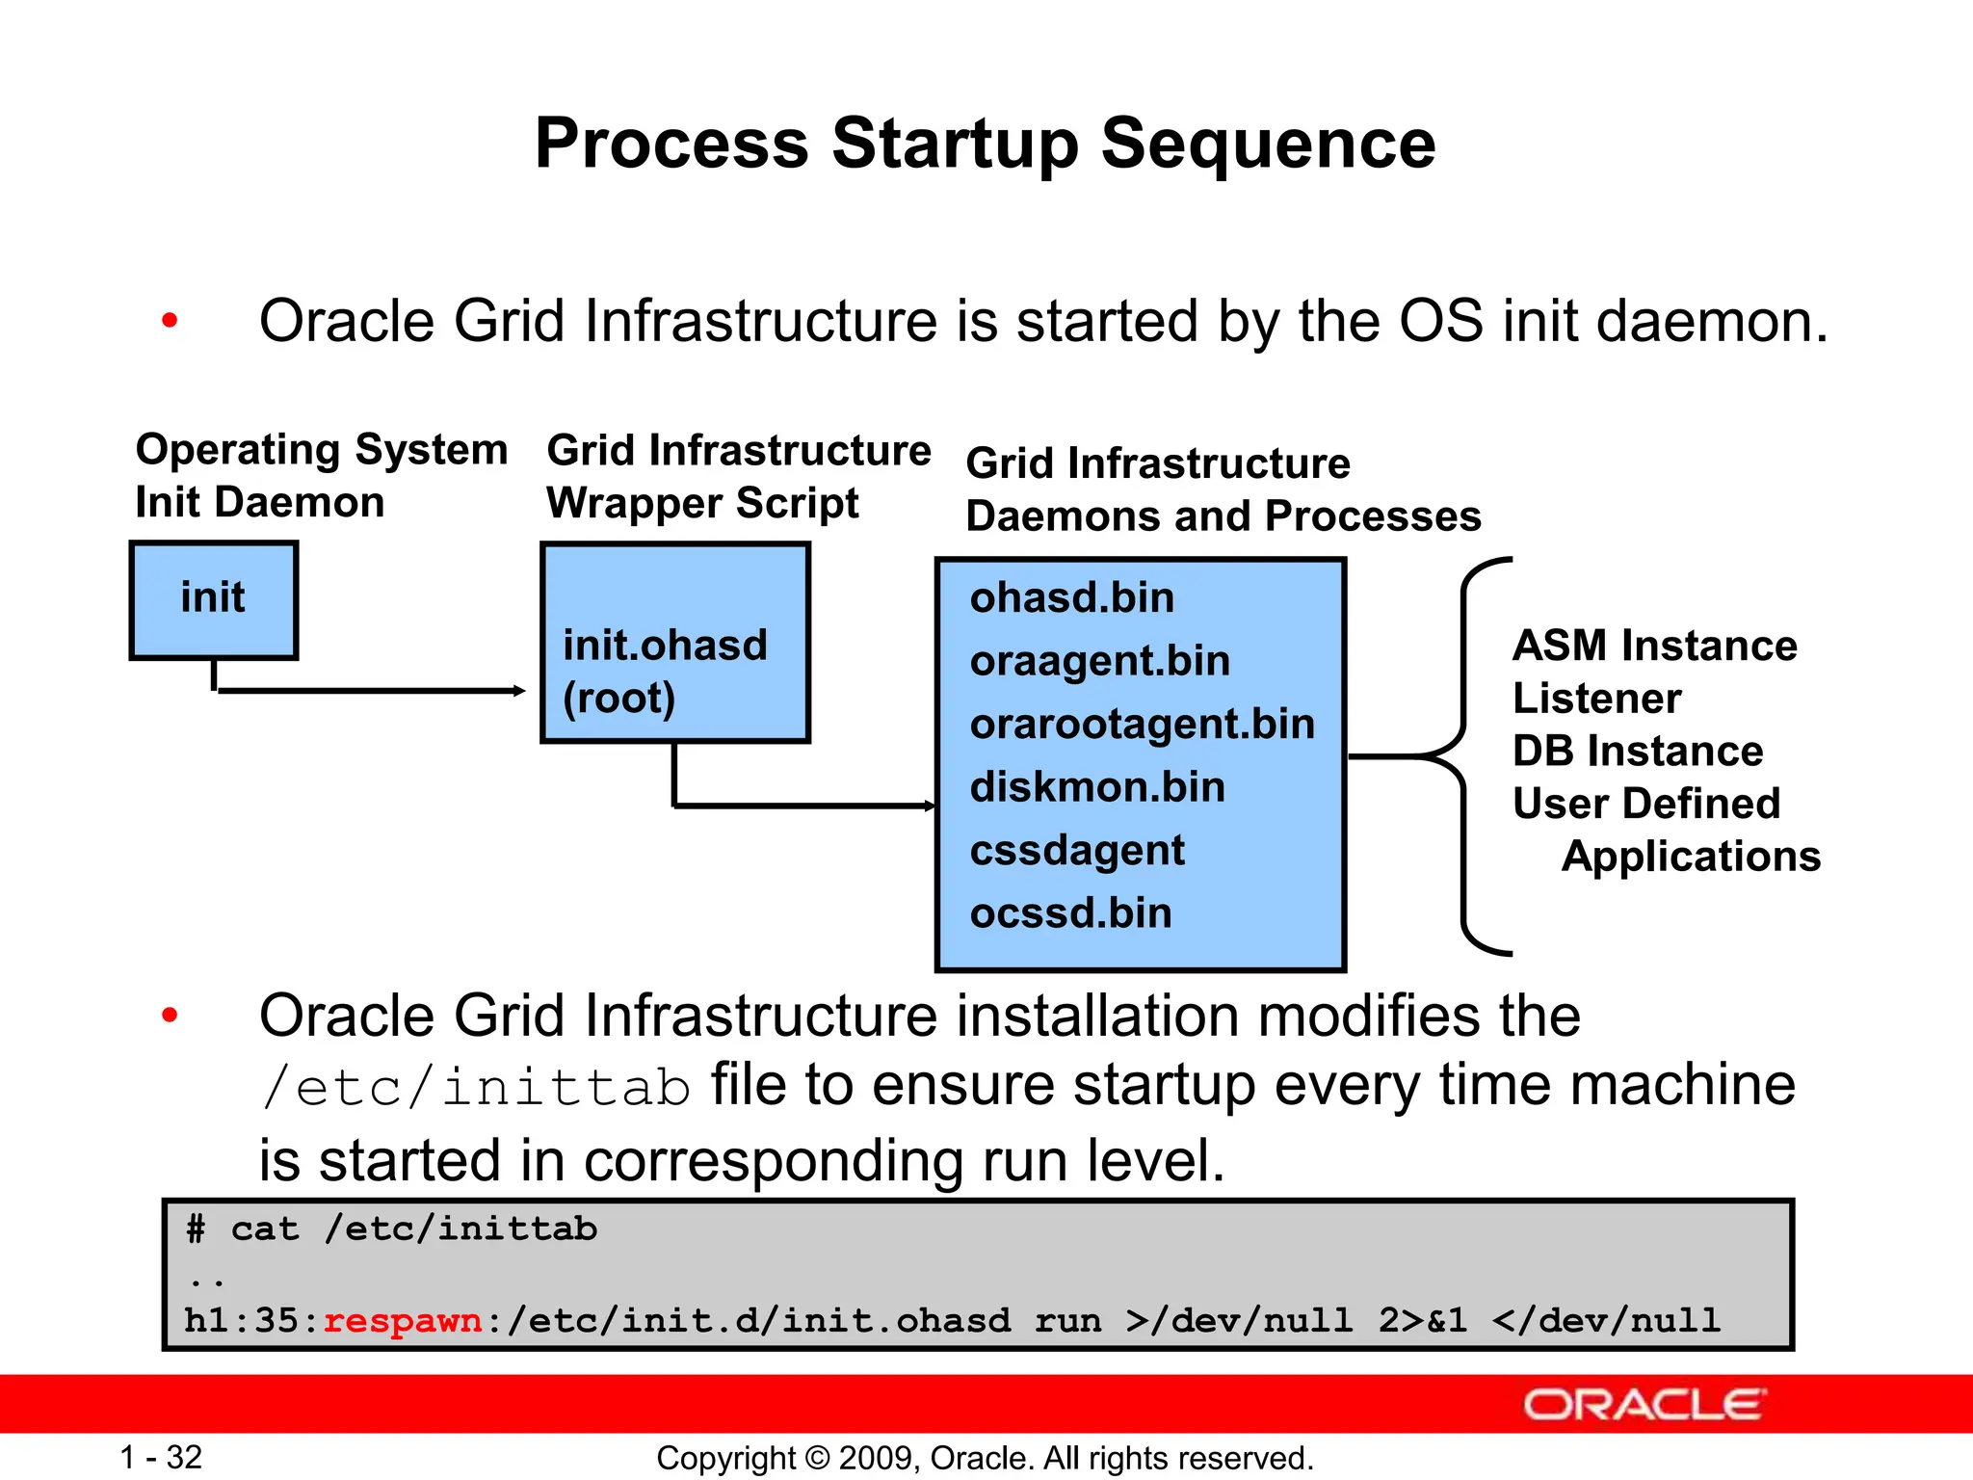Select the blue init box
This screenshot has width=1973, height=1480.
tap(214, 599)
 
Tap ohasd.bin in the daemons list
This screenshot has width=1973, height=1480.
tap(1072, 598)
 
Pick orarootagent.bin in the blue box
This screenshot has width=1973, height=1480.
tap(1142, 724)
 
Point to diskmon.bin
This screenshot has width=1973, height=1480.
tap(1097, 787)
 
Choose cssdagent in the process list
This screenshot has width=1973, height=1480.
tap(1077, 850)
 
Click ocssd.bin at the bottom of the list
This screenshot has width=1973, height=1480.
tap(1071, 912)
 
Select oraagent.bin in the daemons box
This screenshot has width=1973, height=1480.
tap(1100, 661)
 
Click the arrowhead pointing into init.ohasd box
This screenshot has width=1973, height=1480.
tap(519, 690)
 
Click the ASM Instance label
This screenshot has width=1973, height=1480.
tap(1654, 645)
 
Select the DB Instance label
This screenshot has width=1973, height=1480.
tap(1637, 751)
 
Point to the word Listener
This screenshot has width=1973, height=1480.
tap(1596, 698)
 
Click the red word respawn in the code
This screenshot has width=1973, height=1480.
tap(403, 1320)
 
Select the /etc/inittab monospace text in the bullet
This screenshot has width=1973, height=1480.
tap(476, 1088)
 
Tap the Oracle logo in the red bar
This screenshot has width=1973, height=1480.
tap(1644, 1405)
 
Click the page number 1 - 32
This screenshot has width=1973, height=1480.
tap(161, 1457)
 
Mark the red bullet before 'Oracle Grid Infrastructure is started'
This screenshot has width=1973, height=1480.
tap(171, 321)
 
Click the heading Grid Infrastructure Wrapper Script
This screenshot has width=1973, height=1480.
tap(738, 476)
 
